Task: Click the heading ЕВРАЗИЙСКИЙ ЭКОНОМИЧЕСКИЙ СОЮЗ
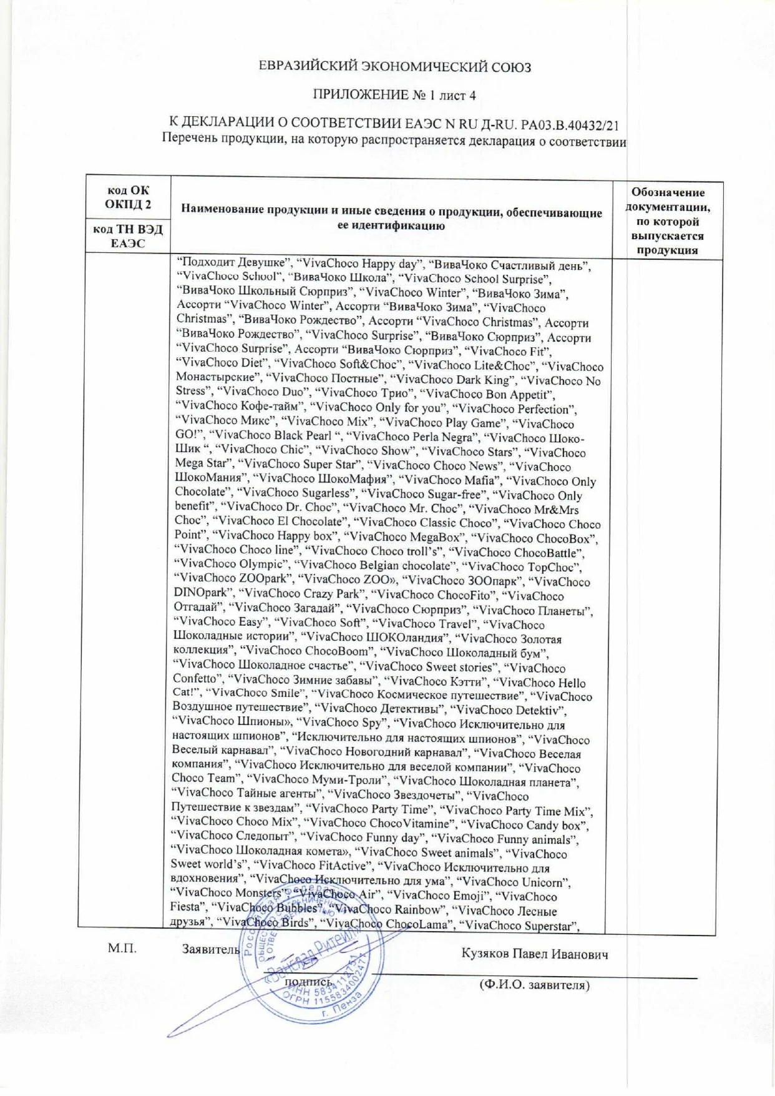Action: (x=396, y=67)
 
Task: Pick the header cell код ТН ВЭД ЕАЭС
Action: (x=128, y=236)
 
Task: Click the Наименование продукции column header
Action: (x=391, y=219)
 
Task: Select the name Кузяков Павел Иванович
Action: (x=535, y=954)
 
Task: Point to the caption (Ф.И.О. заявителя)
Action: (x=534, y=985)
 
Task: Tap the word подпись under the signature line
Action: (x=308, y=982)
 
